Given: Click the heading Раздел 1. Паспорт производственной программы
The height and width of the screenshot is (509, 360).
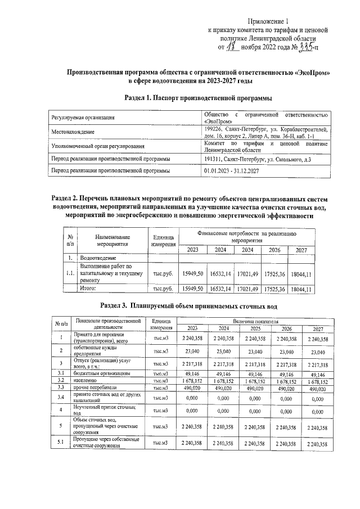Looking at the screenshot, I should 195,98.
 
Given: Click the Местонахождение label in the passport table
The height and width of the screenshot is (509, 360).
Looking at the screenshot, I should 73,132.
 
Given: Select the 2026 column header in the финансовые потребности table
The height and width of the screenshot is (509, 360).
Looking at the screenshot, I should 274,250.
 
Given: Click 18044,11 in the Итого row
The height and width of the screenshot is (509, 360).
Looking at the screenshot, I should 301,289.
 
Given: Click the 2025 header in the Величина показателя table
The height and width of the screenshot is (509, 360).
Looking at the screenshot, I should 255,328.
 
